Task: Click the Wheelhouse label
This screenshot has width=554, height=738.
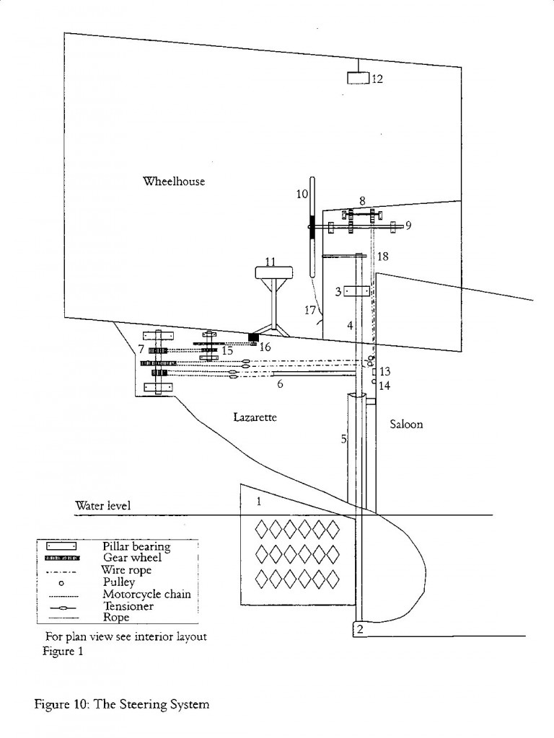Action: pos(174,181)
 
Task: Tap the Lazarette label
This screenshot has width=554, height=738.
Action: pos(255,417)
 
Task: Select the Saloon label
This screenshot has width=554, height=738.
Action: pos(406,424)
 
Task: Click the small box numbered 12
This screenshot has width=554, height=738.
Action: pos(359,78)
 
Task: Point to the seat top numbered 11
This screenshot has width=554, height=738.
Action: pos(273,272)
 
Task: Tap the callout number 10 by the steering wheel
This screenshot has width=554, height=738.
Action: pos(302,194)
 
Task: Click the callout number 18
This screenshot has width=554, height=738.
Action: pos(383,256)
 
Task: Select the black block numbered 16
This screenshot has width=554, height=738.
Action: pos(254,338)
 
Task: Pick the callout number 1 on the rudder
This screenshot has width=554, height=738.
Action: pos(259,502)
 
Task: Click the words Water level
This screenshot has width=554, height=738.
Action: pos(102,506)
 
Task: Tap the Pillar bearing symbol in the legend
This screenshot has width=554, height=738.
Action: pos(61,546)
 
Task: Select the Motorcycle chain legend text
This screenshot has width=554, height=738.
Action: pos(146,595)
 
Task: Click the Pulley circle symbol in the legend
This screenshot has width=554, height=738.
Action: pos(61,582)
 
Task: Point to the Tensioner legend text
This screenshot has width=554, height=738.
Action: pos(128,606)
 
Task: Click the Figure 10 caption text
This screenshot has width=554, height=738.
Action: pos(121,705)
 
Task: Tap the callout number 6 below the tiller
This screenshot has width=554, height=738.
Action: pos(280,384)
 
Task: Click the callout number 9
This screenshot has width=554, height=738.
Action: pos(408,226)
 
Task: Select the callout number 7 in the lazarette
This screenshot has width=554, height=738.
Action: pos(141,350)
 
